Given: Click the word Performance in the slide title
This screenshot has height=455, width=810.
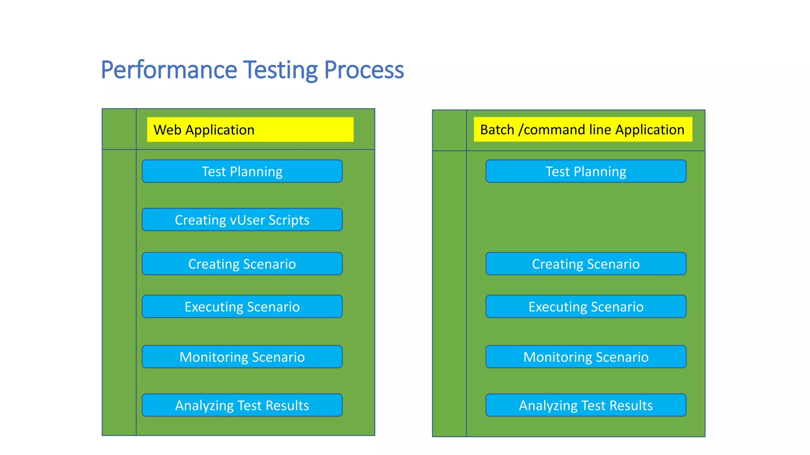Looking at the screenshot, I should tap(169, 70).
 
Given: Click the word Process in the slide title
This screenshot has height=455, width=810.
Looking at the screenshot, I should tap(364, 70).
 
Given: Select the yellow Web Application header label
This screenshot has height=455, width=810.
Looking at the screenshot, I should tap(250, 130).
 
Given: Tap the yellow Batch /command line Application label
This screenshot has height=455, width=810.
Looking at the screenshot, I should tap(583, 130).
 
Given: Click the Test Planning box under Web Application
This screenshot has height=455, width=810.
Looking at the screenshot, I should tap(242, 171).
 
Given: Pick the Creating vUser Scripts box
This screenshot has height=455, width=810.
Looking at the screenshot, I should tap(242, 220).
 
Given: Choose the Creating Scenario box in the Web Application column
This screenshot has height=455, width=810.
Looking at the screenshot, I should tap(242, 264).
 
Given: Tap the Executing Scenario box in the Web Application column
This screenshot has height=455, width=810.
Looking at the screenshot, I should tap(242, 306).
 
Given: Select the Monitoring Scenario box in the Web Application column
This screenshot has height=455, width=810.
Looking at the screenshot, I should tap(242, 357).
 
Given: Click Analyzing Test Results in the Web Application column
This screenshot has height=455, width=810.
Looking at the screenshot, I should tap(242, 405).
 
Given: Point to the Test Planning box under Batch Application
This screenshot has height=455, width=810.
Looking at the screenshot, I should tap(586, 171).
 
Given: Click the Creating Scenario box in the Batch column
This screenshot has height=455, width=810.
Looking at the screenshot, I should tap(586, 264).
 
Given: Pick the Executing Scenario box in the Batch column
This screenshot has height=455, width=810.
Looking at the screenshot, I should tap(586, 306).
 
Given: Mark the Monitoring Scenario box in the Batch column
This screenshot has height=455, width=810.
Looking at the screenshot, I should tap(586, 357).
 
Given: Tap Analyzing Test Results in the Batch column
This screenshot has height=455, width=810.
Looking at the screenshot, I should tap(586, 405).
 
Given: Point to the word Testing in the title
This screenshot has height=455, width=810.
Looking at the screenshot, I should tap(280, 70).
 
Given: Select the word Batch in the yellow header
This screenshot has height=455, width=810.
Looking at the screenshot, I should tap(497, 130).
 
